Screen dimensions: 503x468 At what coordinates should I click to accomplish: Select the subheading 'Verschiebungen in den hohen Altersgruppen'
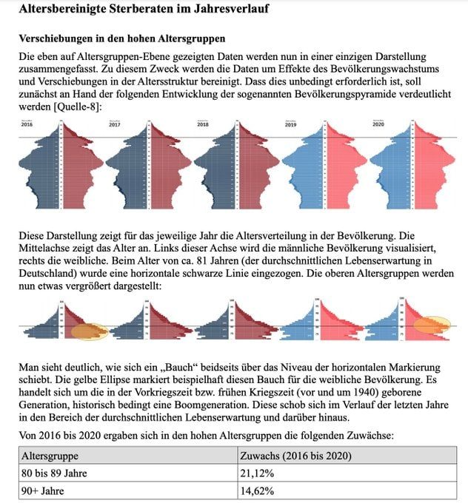[122, 37]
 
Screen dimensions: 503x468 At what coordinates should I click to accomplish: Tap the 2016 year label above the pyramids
[27, 125]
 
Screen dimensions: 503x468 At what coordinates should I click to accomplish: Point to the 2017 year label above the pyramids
[115, 125]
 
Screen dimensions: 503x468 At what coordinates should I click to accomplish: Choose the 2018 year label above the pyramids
[203, 125]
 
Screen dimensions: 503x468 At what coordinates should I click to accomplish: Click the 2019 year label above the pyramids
[290, 125]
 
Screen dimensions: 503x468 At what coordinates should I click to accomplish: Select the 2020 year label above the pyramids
[378, 125]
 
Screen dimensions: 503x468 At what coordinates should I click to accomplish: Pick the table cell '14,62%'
[256, 490]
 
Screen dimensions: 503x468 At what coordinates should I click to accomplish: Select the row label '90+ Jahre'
[43, 490]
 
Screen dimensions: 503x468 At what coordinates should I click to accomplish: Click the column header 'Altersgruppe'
[50, 456]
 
